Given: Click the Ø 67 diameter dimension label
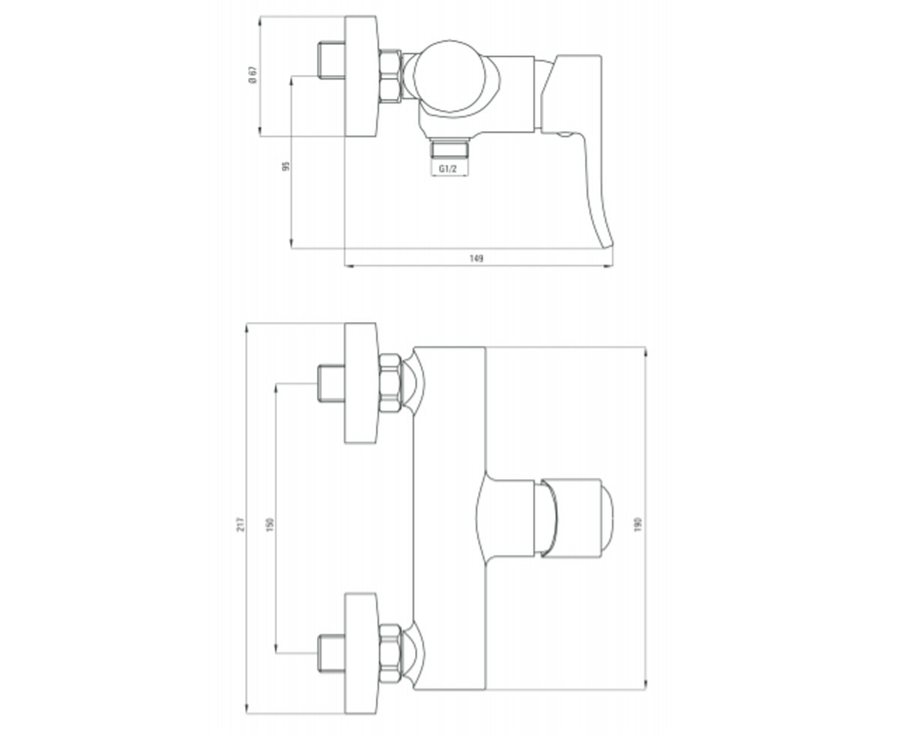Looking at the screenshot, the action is click(x=252, y=75).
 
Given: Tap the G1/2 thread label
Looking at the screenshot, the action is click(x=447, y=169).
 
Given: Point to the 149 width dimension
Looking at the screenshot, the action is click(x=476, y=258).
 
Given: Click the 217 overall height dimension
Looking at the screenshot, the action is click(x=240, y=524).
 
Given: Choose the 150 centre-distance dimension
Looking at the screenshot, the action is click(x=270, y=524).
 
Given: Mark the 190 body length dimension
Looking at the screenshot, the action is click(x=638, y=524).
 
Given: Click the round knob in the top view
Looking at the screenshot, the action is click(x=449, y=76).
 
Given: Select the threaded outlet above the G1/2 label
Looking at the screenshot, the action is click(x=449, y=148).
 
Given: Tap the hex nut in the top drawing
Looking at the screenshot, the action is click(x=390, y=76).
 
